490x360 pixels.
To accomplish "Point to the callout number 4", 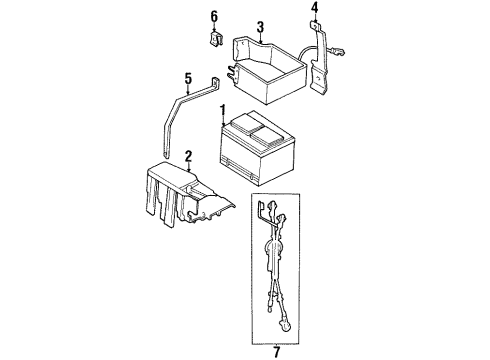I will tap(315, 11).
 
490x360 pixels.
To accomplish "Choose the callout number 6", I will tap(213, 17).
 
